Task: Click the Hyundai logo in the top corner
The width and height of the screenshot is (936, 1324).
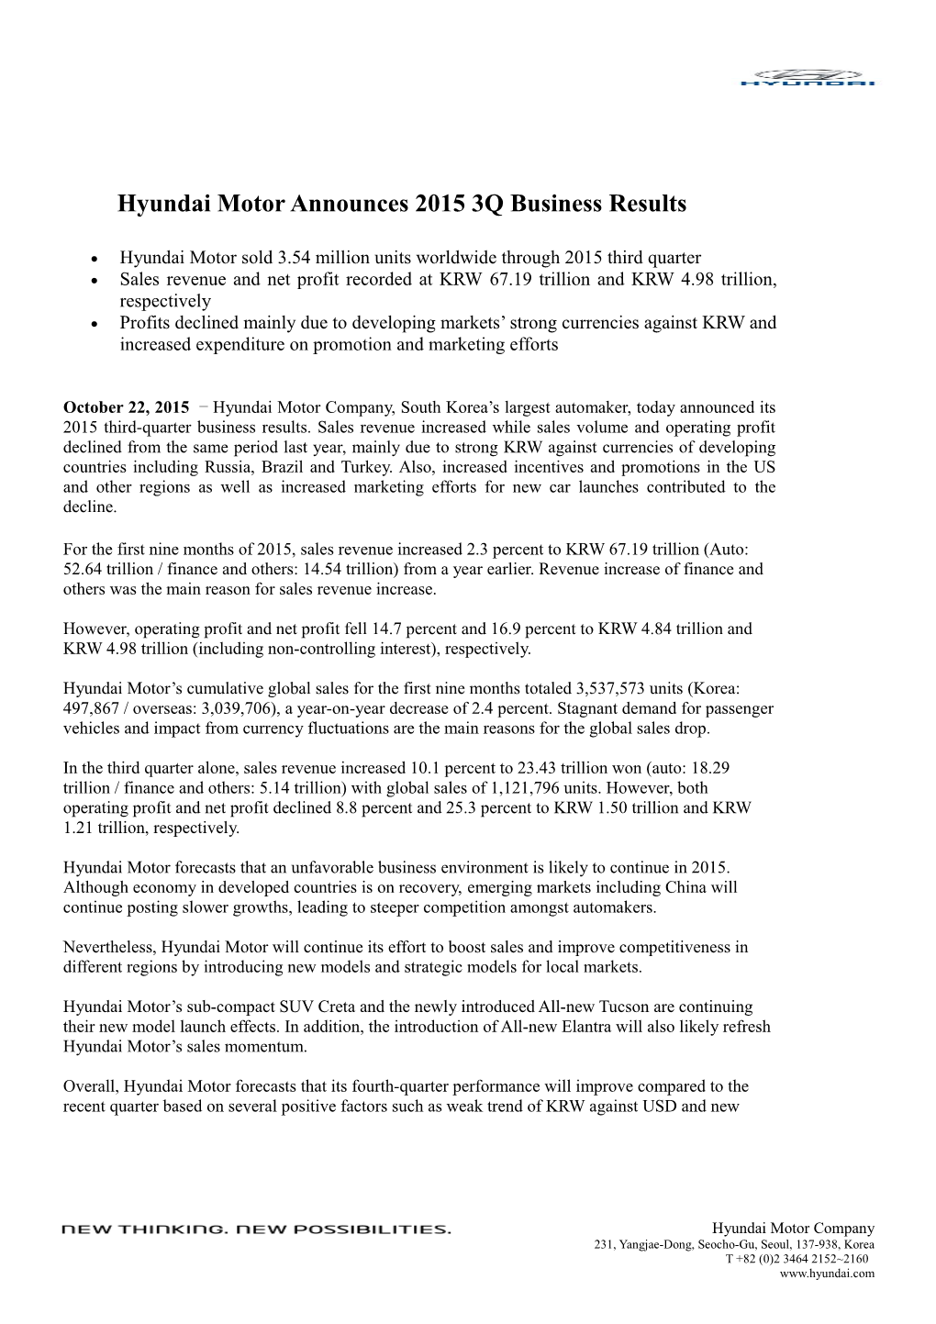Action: tap(808, 77)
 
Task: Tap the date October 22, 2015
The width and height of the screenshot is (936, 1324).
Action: tap(126, 407)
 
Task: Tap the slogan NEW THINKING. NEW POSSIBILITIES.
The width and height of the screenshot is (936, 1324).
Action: tap(256, 1229)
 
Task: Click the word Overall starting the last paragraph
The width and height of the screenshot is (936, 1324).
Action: tap(91, 1087)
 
